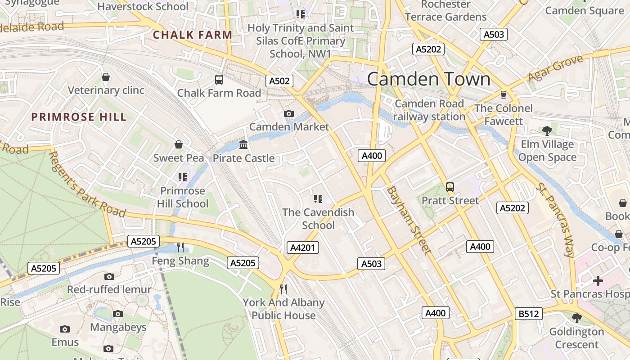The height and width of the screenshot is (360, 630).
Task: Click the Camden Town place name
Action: (x=428, y=79)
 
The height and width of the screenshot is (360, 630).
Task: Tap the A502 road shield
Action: (x=279, y=81)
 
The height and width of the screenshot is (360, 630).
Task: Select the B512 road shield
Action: (x=528, y=314)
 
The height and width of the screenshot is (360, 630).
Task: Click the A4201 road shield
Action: (x=303, y=247)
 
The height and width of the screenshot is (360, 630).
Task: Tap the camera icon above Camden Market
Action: (x=289, y=113)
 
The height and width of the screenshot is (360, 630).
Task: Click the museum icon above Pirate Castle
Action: (x=243, y=144)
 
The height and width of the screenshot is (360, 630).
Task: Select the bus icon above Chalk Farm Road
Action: (x=219, y=80)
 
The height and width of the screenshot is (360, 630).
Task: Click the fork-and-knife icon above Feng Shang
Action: (x=180, y=247)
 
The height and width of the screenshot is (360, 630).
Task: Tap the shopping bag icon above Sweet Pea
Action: (x=179, y=144)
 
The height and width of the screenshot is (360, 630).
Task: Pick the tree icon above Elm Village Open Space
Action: (x=547, y=131)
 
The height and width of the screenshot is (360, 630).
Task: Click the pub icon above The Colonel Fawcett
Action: (x=503, y=94)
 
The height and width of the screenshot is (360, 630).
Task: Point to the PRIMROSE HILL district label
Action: (x=79, y=117)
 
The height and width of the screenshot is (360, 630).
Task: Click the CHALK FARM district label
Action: (x=192, y=35)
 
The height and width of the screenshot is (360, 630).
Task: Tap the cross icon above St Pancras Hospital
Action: (x=598, y=281)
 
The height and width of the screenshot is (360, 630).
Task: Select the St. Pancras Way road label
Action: (x=556, y=220)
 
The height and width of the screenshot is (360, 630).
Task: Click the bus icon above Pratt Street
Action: (x=450, y=187)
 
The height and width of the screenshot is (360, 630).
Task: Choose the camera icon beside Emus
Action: (x=65, y=329)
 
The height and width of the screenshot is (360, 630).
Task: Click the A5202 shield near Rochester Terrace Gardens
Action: (x=428, y=49)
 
